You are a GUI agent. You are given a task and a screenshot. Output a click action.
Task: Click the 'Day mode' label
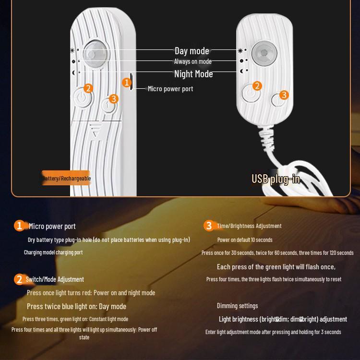tap(192, 51)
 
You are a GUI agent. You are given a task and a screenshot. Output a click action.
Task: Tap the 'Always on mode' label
tap(192, 61)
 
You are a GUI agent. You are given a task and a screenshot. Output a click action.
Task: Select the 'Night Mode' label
tap(193, 74)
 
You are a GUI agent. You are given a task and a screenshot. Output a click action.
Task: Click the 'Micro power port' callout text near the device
tap(170, 89)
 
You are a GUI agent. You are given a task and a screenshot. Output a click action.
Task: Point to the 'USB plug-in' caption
tap(276, 179)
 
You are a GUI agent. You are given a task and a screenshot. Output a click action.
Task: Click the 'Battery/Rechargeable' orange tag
tap(66, 178)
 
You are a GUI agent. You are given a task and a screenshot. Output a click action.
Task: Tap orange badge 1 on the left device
tap(127, 83)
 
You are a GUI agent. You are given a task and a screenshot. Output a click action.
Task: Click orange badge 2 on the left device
tap(88, 88)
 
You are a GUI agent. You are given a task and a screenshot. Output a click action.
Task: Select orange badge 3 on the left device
tap(113, 98)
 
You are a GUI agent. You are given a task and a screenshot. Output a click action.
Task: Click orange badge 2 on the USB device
tap(257, 85)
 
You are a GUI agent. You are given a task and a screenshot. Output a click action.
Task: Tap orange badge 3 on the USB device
tap(284, 95)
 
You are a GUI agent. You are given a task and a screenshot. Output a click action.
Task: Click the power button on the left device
tap(81, 100)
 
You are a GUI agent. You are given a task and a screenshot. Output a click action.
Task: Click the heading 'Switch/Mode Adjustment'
tap(55, 279)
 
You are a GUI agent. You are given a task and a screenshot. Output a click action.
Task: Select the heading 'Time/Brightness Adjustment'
tap(249, 226)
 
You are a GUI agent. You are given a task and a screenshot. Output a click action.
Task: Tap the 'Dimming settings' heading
tap(237, 306)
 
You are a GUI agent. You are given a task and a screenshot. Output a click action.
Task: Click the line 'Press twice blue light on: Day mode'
tap(76, 307)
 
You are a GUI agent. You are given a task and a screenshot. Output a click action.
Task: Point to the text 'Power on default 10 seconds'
tap(245, 240)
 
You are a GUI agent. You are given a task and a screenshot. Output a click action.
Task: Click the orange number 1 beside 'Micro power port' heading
tap(19, 226)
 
